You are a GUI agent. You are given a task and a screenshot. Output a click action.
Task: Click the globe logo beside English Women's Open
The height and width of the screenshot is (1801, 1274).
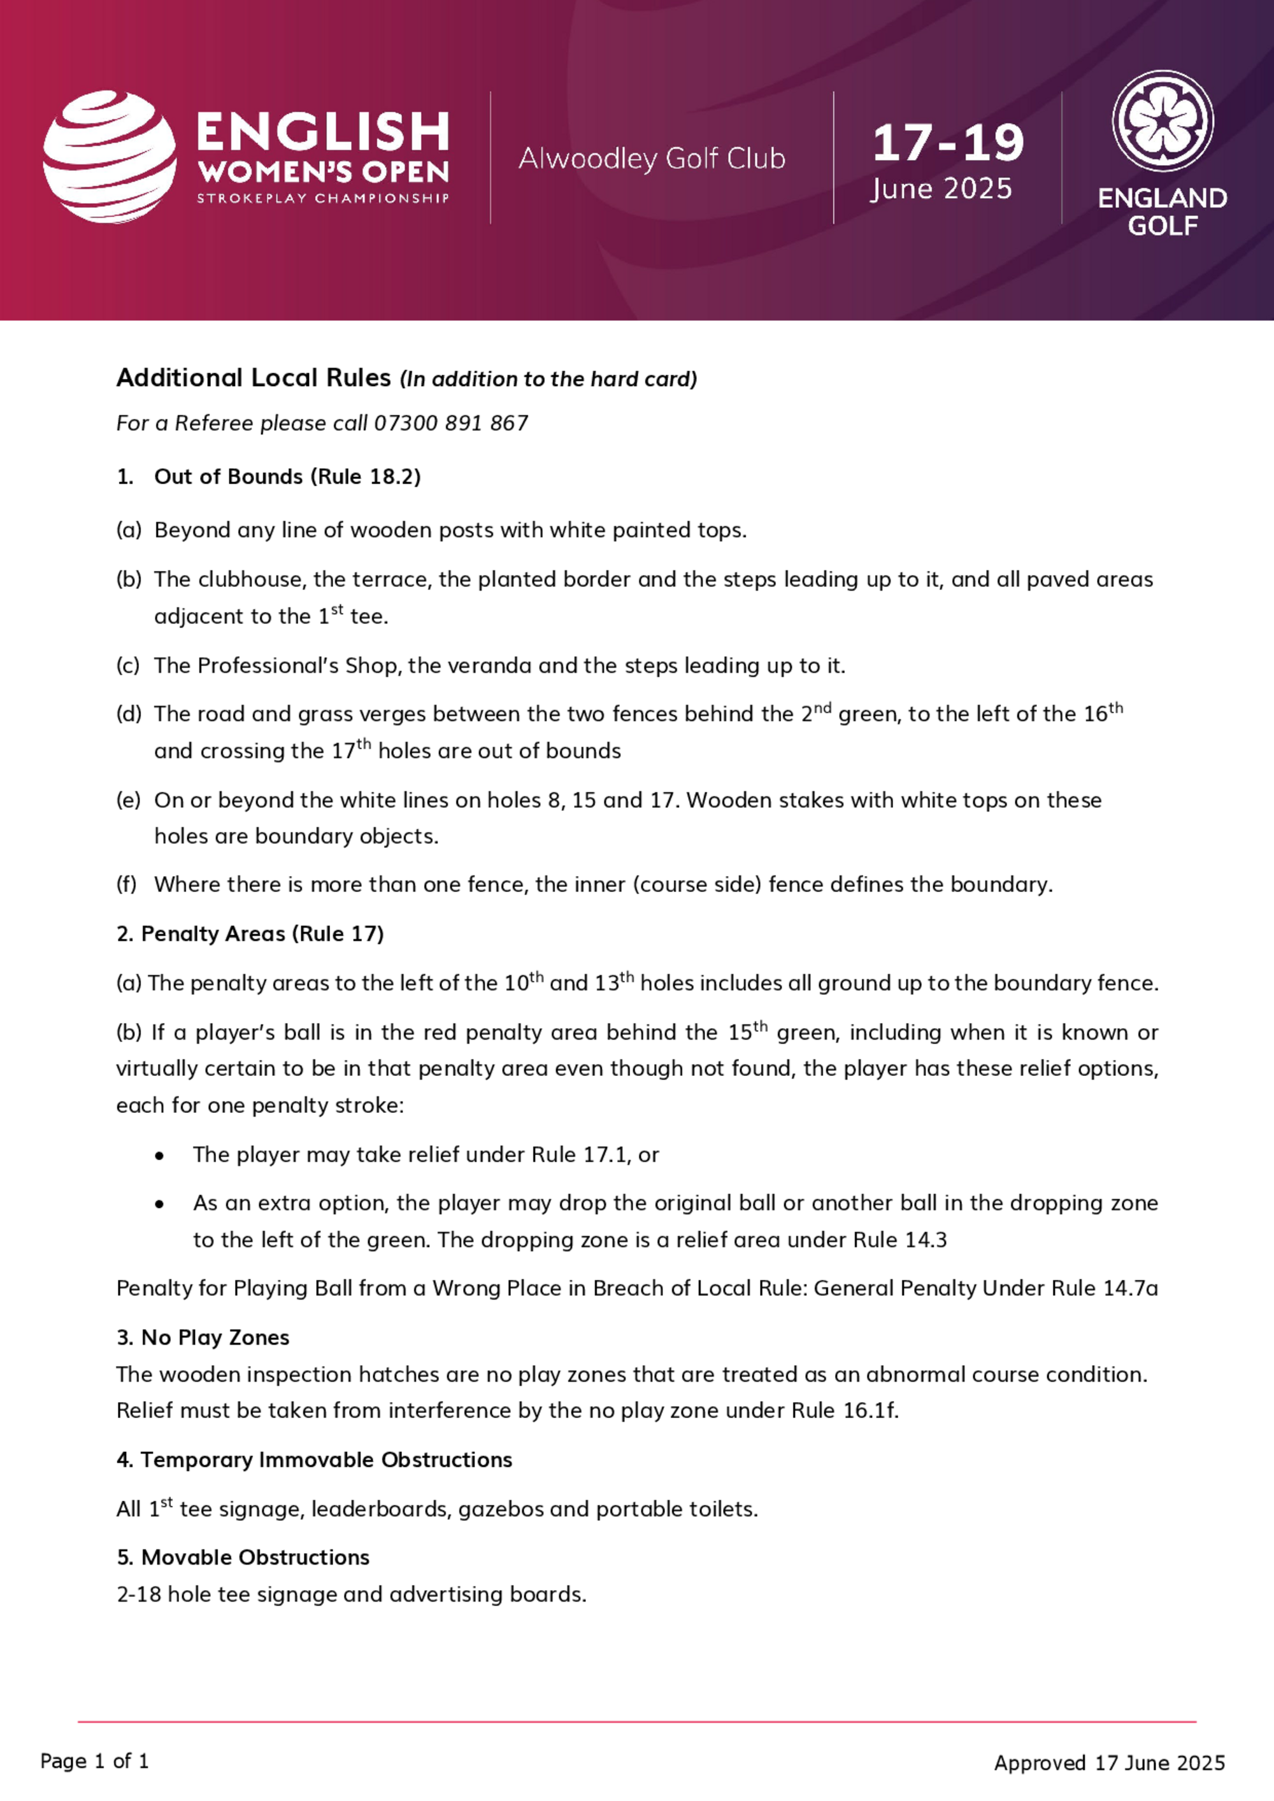(110, 157)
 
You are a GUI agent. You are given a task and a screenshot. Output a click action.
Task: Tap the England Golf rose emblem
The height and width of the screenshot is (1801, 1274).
(1162, 122)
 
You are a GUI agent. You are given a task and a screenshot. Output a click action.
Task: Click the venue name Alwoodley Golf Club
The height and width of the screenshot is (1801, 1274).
(651, 159)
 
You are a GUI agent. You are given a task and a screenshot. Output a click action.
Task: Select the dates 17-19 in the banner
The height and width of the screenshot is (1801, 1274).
(948, 143)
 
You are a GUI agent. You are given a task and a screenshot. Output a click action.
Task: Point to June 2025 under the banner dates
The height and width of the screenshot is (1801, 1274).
(941, 189)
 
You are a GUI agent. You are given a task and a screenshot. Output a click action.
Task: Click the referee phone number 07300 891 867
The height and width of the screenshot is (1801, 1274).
(450, 424)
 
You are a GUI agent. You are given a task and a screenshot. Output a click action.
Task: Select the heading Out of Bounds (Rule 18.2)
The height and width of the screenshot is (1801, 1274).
(287, 477)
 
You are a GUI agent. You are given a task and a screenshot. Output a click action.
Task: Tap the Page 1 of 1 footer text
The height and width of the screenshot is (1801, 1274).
(94, 1761)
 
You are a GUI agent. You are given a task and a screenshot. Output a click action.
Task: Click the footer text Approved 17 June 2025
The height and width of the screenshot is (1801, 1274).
(1109, 1763)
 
